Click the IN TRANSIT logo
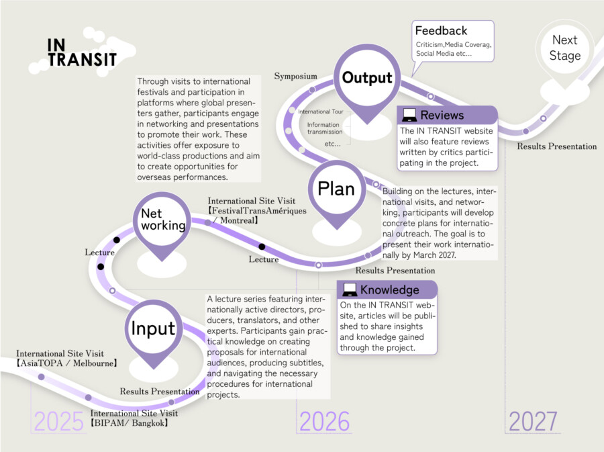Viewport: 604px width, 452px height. [82, 52]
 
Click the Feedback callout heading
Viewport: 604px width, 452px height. [441, 30]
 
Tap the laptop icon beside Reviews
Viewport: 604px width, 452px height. [409, 115]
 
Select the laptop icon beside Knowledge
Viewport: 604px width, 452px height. [350, 289]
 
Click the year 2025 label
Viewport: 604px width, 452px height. [58, 421]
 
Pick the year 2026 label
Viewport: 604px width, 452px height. [324, 421]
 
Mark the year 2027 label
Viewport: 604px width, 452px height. [533, 421]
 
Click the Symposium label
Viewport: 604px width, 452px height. [296, 76]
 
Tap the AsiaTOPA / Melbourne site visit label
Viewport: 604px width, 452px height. [66, 359]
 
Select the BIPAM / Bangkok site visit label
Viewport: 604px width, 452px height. [134, 418]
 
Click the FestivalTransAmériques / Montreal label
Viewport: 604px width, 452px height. [257, 211]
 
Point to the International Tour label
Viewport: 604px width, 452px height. [321, 111]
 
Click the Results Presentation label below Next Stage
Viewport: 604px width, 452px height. [556, 146]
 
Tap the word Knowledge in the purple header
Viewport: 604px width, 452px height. [389, 289]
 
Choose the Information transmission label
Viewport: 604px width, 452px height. [324, 128]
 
